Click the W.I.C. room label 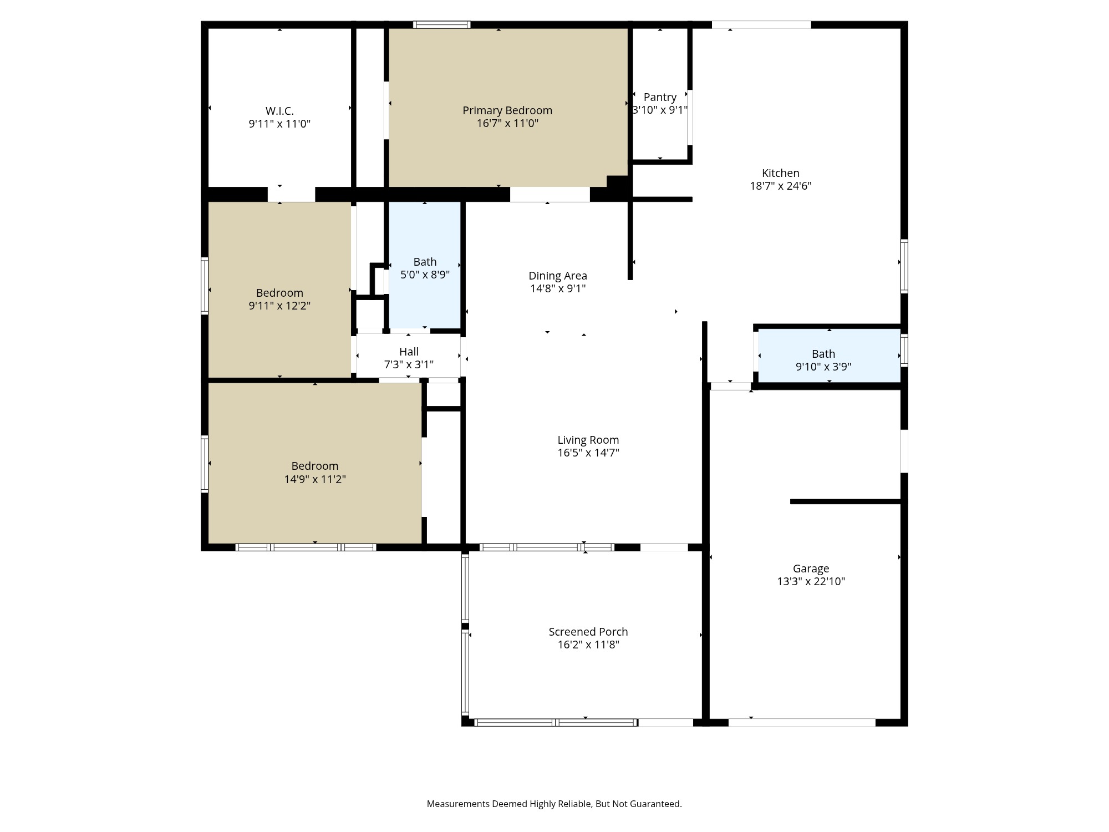tap(279, 111)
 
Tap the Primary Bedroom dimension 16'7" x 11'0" tap(507, 123)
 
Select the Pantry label tap(660, 97)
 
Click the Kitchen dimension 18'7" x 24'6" tap(780, 186)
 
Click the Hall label tap(409, 352)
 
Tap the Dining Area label tap(557, 276)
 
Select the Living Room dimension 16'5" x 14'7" tap(588, 453)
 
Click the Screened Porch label tap(588, 632)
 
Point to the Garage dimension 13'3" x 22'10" tap(811, 581)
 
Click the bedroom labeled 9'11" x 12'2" tap(279, 299)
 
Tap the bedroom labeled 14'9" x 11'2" tap(314, 472)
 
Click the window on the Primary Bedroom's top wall tap(441, 24)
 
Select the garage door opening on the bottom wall tap(801, 722)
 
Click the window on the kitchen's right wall tap(903, 266)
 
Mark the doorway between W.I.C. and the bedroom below tap(291, 194)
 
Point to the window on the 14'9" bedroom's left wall tap(205, 464)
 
